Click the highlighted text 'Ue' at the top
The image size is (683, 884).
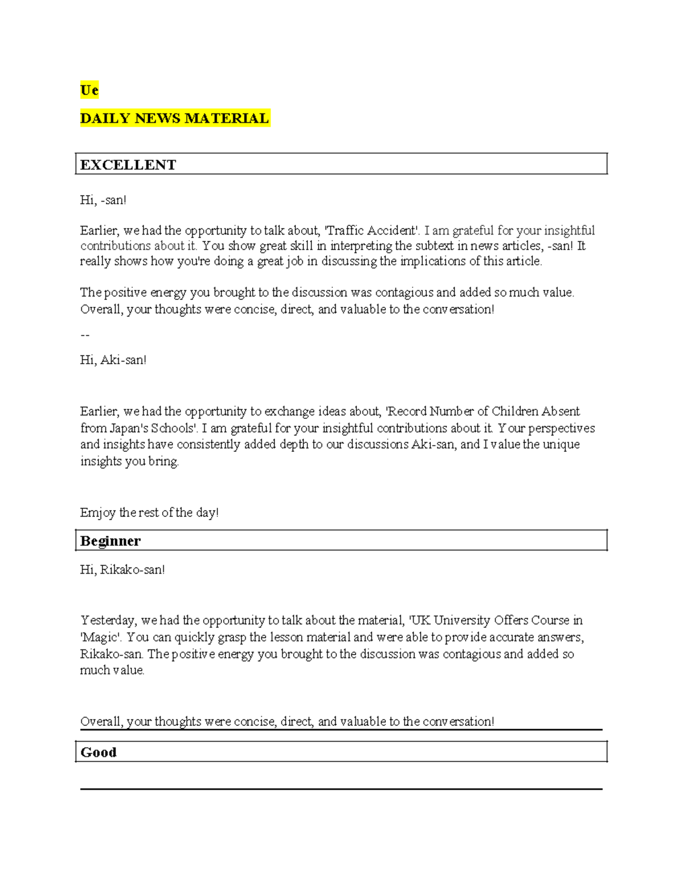(x=89, y=91)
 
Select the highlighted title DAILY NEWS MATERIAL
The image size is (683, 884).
(x=174, y=118)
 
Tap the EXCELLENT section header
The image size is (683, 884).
(x=128, y=165)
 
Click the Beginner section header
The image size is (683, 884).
(x=110, y=541)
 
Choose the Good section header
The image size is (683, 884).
(x=98, y=752)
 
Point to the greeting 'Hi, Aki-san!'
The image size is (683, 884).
(x=113, y=360)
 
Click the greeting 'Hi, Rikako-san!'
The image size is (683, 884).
(x=122, y=569)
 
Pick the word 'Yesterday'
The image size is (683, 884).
(x=108, y=620)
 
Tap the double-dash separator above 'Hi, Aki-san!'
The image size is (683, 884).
(x=85, y=335)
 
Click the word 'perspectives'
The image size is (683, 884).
(x=561, y=428)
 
